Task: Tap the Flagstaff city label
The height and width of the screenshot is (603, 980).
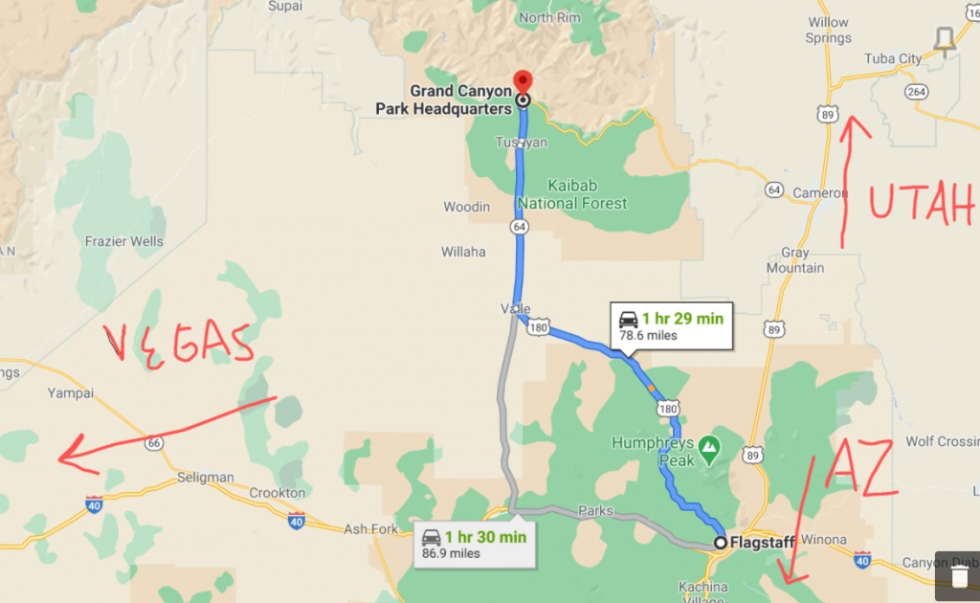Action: pos(762,543)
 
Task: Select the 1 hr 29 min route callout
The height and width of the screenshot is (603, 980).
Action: pos(671,325)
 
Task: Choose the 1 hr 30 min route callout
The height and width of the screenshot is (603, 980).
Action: pos(474,545)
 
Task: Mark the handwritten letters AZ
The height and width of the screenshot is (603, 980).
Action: pos(860,468)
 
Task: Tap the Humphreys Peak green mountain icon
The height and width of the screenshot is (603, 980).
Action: pos(708,446)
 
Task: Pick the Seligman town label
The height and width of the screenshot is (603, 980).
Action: pos(206,477)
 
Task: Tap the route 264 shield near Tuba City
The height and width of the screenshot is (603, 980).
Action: pos(917,92)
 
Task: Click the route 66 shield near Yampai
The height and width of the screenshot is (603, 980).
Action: pos(153,443)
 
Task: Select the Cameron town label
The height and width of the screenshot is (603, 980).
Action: pos(819,192)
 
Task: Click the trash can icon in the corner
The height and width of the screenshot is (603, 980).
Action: pos(958,575)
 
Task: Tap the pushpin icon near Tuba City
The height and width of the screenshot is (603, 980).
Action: pos(945,40)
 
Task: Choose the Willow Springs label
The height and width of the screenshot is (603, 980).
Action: pos(829,31)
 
